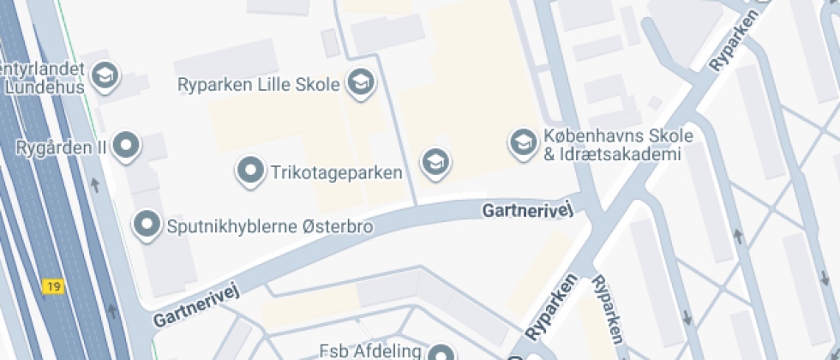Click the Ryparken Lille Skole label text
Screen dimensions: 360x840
click(x=259, y=84)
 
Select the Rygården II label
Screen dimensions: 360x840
click(x=61, y=147)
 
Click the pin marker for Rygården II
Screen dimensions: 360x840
click(x=128, y=145)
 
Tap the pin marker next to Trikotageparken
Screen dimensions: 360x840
click(x=250, y=171)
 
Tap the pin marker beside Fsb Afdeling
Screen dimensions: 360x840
click(x=441, y=353)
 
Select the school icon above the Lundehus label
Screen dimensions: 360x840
click(x=105, y=75)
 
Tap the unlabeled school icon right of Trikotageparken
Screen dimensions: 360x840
click(x=435, y=161)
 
